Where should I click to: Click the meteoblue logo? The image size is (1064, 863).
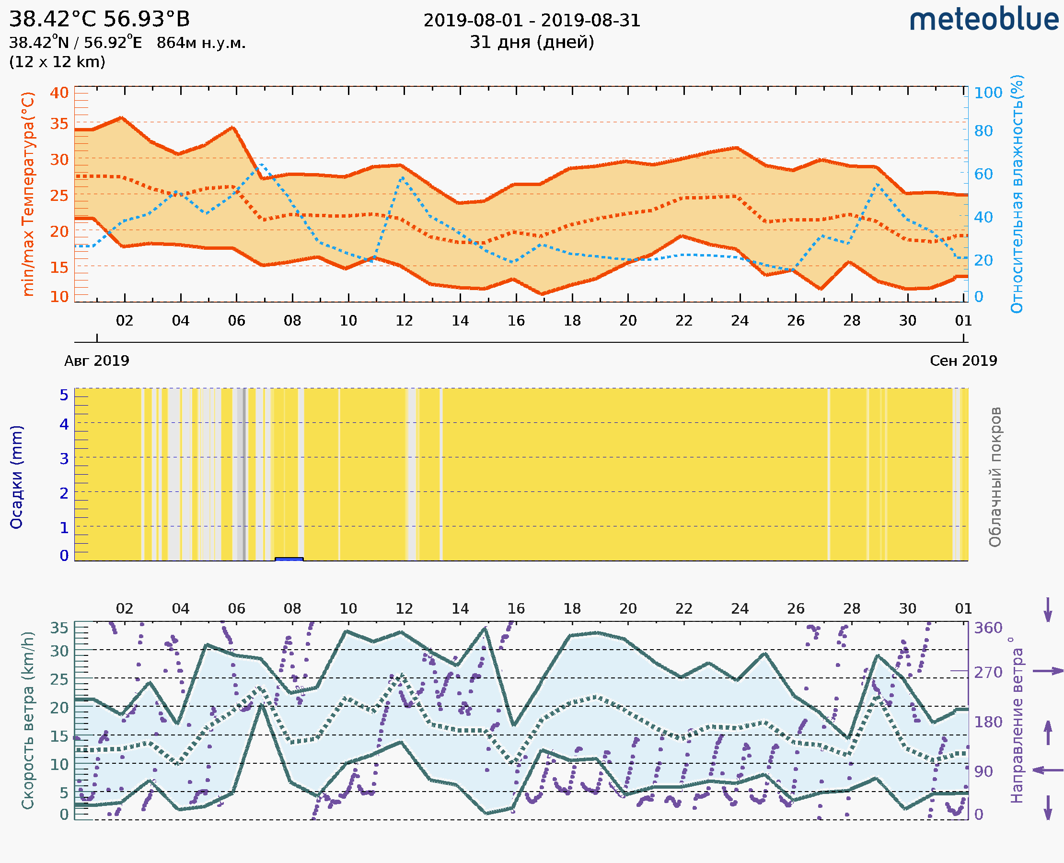pyautogui.click(x=983, y=20)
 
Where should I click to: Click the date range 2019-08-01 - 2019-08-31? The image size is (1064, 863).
pyautogui.click(x=532, y=21)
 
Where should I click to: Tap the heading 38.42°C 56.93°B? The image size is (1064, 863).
pyautogui.click(x=99, y=19)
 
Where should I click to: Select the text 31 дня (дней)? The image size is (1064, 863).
pyautogui.click(x=532, y=42)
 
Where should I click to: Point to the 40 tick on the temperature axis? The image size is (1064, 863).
pyautogui.click(x=59, y=93)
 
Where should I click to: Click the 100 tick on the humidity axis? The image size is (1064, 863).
pyautogui.click(x=988, y=93)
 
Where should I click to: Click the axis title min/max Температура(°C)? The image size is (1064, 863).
pyautogui.click(x=28, y=194)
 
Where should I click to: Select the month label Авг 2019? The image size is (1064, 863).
pyautogui.click(x=96, y=361)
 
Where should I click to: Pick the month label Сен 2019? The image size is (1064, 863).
pyautogui.click(x=963, y=361)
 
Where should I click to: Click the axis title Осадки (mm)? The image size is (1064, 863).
pyautogui.click(x=16, y=477)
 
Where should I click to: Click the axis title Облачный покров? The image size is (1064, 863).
pyautogui.click(x=995, y=477)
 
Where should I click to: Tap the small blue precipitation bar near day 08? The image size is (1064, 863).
pyautogui.click(x=289, y=559)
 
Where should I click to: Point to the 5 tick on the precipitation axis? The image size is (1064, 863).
pyautogui.click(x=64, y=395)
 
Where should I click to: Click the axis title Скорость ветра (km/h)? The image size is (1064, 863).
pyautogui.click(x=28, y=720)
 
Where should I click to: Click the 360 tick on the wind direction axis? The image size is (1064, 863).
pyautogui.click(x=988, y=628)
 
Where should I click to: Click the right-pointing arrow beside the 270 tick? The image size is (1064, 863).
pyautogui.click(x=1048, y=671)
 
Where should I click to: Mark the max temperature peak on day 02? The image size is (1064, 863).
pyautogui.click(x=121, y=118)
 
